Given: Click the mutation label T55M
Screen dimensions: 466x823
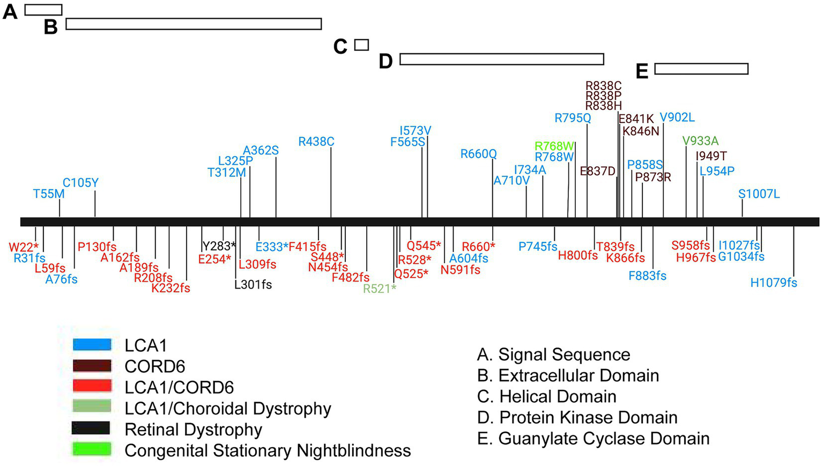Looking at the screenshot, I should tap(49, 194).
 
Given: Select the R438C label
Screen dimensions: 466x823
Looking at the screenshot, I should tap(316, 142).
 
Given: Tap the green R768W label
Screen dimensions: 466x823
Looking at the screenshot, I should tap(554, 146).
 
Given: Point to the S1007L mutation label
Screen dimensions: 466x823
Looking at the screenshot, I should tap(759, 194).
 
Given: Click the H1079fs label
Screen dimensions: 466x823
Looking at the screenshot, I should tap(773, 283).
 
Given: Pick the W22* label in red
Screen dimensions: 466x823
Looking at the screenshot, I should tap(24, 247).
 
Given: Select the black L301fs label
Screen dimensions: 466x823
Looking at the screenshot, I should tap(253, 285).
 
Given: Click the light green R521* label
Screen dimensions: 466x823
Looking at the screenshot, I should tap(380, 289).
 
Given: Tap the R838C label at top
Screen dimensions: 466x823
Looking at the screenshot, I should tap(603, 86).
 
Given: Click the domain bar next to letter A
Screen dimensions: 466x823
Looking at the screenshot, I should tap(43, 10).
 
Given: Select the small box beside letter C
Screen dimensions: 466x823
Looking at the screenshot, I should tap(362, 45).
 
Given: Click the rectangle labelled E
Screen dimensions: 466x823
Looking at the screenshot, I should tap(701, 69).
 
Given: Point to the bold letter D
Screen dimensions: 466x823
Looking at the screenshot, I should tap(385, 62).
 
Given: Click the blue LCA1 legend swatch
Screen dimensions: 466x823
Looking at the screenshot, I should tap(92, 345).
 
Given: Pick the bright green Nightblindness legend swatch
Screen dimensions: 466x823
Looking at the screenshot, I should tap(92, 449).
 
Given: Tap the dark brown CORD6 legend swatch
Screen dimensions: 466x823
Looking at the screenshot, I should tap(92, 366).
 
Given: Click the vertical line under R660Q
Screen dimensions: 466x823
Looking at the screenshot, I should tap(492, 188).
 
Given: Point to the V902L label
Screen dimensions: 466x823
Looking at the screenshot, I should tap(677, 117).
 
